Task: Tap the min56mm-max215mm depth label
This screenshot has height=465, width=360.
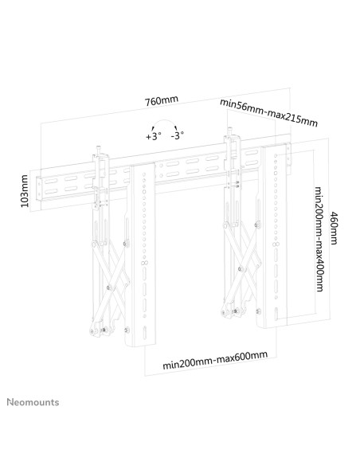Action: coord(269,111)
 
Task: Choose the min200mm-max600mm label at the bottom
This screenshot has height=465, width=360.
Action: coord(214,360)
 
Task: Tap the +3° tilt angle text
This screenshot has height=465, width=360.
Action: coord(153,136)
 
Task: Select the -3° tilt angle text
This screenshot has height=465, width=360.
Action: coord(177,135)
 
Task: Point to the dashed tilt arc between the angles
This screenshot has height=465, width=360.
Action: coord(166,125)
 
